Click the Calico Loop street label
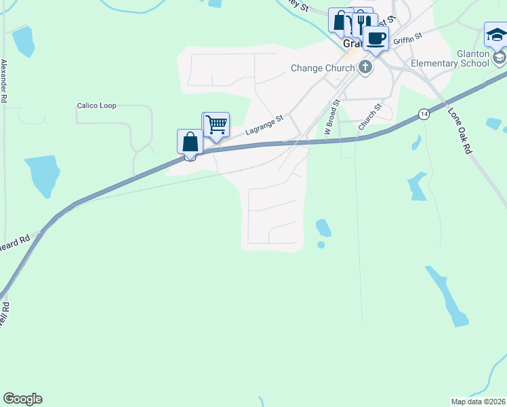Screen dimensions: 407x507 (x=96, y=106)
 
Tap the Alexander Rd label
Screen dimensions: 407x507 (x=4, y=81)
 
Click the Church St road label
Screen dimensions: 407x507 (x=371, y=117)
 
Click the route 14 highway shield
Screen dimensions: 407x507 (x=424, y=113)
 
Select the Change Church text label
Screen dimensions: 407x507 (x=322, y=68)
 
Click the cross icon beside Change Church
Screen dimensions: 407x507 (x=365, y=66)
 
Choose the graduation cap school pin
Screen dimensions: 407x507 (x=496, y=35)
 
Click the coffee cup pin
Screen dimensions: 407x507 (x=376, y=38)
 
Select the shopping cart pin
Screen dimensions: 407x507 (x=216, y=125)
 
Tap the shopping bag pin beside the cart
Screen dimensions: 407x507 (x=190, y=142)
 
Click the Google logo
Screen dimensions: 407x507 (x=22, y=399)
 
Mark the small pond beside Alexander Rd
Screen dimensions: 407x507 (x=23, y=41)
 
